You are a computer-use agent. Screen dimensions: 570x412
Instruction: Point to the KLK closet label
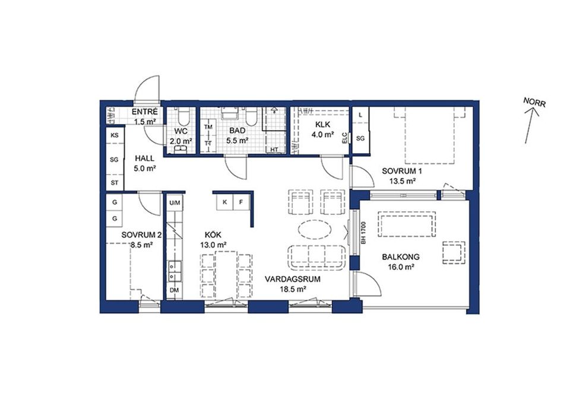[x=323, y=125]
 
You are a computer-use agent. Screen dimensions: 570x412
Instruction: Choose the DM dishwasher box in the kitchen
[x=175, y=290]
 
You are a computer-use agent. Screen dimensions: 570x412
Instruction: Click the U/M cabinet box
[x=175, y=202]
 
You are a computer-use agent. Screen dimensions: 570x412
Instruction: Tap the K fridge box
[x=224, y=202]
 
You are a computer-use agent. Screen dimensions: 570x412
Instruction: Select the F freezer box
[x=240, y=202]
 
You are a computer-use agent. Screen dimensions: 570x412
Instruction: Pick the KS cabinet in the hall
[x=115, y=135]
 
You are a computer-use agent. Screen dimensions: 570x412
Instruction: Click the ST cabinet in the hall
[x=115, y=183]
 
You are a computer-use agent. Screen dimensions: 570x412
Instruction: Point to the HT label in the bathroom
[x=274, y=150]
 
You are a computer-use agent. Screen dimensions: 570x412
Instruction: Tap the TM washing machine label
[x=208, y=127]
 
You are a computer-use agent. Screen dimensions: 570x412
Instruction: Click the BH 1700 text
[x=363, y=233]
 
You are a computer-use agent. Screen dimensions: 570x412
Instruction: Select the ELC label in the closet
[x=344, y=138]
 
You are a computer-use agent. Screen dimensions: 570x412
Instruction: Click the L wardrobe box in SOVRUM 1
[x=360, y=115]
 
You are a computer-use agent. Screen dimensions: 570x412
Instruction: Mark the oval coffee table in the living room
[x=315, y=230]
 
